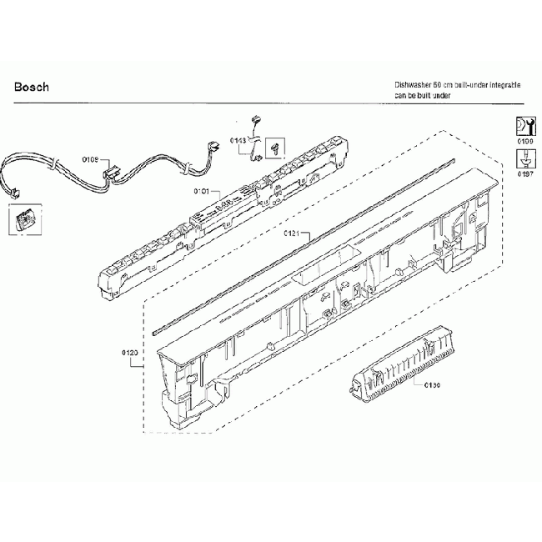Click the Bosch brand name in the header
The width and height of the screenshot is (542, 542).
pos(32,87)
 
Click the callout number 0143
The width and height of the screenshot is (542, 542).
pos(238,141)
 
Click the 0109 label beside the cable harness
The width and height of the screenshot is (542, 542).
pos(90,158)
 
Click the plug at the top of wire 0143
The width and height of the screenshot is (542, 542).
pos(258,121)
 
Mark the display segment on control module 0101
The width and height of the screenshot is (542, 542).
pos(222,203)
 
